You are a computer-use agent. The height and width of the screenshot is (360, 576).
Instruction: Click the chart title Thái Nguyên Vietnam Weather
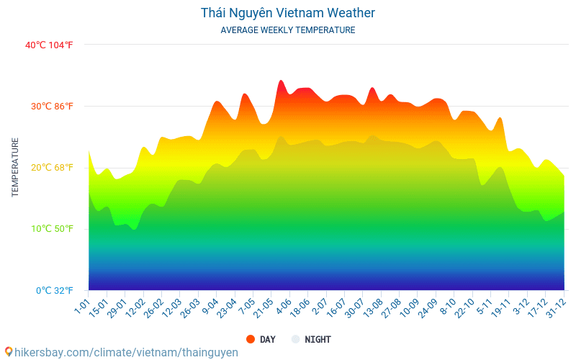[287, 13]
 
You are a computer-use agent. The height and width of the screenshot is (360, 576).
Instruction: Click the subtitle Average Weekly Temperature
[287, 30]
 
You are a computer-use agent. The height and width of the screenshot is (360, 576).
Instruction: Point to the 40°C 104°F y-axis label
[49, 45]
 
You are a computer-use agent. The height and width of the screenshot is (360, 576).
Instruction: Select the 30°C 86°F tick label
[51, 107]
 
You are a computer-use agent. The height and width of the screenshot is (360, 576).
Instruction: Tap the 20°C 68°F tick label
[51, 168]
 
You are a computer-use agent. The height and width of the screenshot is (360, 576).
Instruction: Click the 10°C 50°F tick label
[51, 229]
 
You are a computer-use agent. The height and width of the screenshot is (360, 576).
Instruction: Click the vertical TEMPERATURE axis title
[15, 168]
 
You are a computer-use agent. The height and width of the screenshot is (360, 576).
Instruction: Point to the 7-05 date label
[246, 307]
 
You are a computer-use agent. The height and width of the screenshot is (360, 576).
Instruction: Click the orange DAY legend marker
[251, 339]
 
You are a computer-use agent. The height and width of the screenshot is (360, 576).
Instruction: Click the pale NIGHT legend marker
[295, 339]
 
